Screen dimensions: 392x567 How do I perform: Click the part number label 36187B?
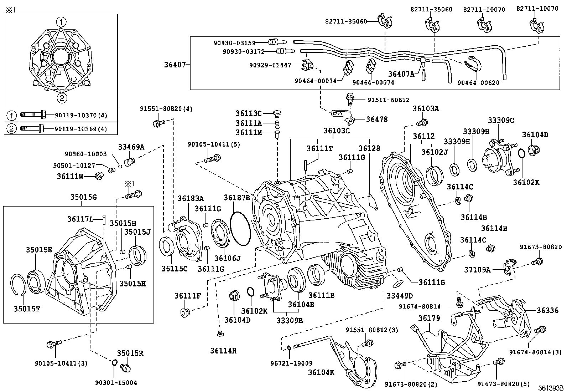(237, 197)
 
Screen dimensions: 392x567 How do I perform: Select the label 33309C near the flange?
(501, 121)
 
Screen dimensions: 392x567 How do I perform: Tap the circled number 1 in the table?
(12, 116)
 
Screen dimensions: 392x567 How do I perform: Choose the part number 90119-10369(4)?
(80, 129)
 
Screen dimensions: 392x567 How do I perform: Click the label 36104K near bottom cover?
(322, 372)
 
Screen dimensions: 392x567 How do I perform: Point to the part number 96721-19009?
(291, 363)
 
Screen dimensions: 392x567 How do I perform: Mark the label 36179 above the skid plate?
(429, 318)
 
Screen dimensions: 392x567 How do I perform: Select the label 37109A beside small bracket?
(478, 270)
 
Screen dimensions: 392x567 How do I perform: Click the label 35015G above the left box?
(83, 197)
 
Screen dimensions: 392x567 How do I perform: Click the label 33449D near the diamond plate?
(400, 296)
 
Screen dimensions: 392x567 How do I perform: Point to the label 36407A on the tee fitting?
(401, 74)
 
